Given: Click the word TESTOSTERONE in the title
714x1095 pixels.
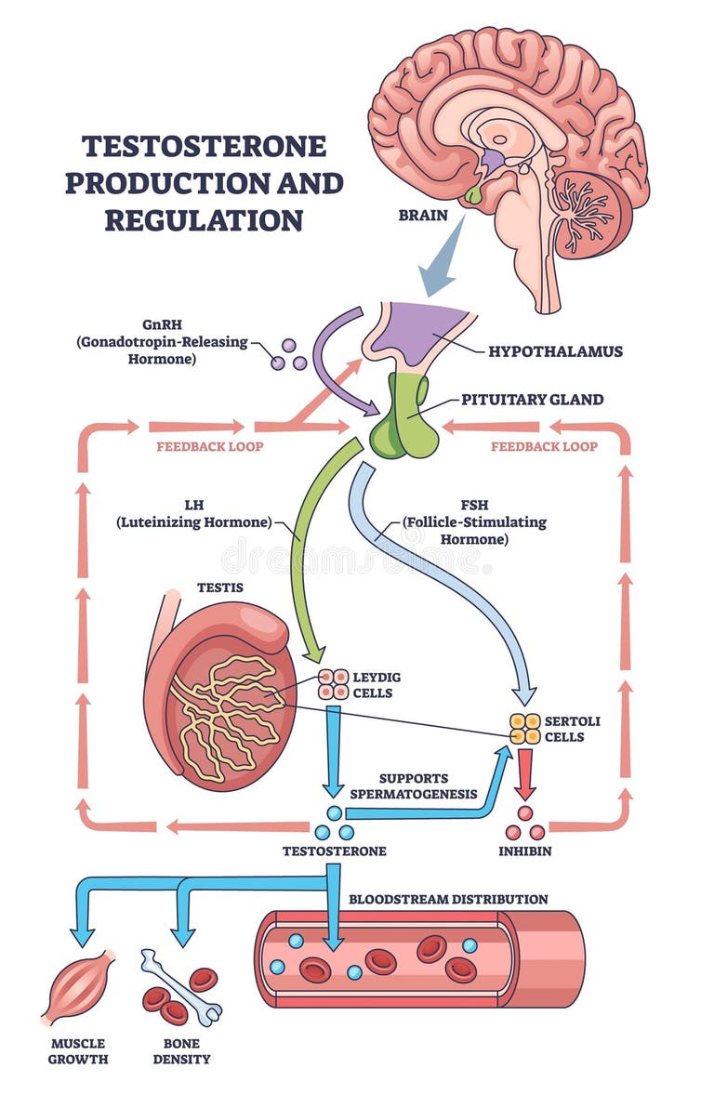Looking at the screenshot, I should [204, 146].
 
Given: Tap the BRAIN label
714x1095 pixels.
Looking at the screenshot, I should [422, 216].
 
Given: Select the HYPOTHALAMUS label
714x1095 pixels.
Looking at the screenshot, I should [555, 351].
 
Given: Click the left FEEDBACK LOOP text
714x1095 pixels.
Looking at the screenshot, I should [209, 446].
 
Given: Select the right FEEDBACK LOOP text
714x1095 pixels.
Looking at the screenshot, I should [544, 446].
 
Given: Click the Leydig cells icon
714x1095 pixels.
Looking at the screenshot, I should [332, 685].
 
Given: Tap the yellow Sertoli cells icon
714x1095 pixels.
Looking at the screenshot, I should [524, 729].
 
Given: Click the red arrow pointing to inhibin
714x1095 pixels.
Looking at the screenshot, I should [525, 773].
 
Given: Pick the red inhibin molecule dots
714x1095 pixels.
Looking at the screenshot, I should [525, 825].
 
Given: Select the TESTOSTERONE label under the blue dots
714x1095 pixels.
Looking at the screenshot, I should [334, 851].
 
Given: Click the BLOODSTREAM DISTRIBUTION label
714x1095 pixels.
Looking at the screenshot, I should [448, 899].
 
